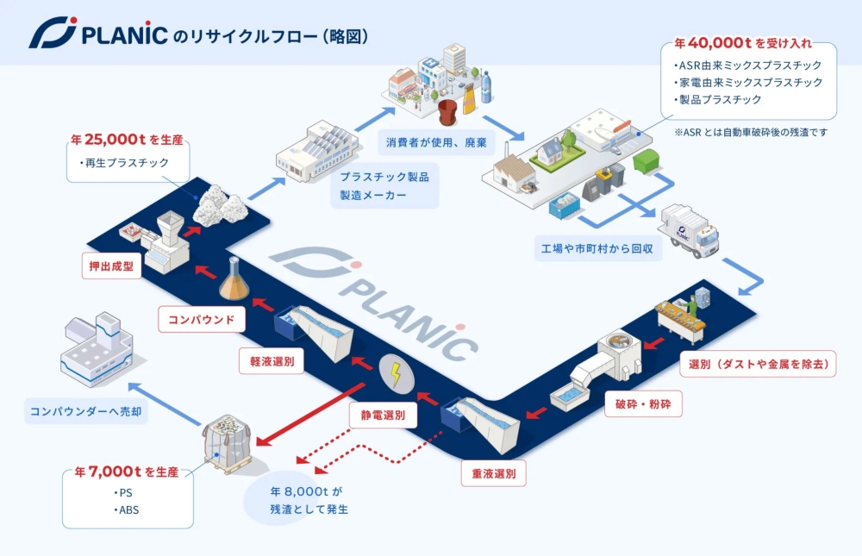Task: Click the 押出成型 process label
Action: (111, 266)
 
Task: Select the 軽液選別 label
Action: (272, 362)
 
